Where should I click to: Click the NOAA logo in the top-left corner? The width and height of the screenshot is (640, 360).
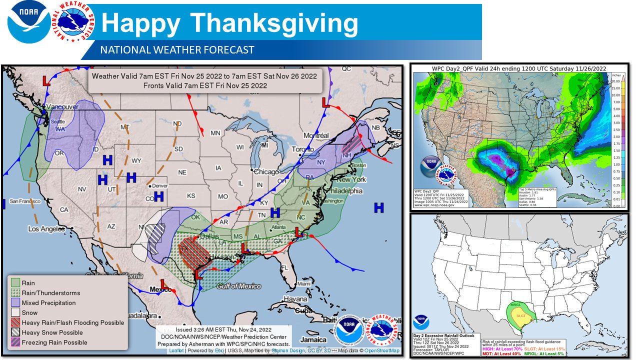pyautogui.click(x=28, y=23)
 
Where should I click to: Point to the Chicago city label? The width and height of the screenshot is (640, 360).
pyautogui.click(x=266, y=171)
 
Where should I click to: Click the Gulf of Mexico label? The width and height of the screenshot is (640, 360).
pyautogui.click(x=238, y=286)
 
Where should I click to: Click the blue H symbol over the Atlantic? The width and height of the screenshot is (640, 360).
pyautogui.click(x=379, y=207)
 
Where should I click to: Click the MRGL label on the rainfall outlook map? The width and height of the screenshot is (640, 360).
pyautogui.click(x=515, y=304)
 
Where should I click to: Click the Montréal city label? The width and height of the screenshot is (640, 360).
pyautogui.click(x=316, y=135)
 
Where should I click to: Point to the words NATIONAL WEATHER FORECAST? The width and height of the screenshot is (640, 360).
pyautogui.click(x=177, y=50)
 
